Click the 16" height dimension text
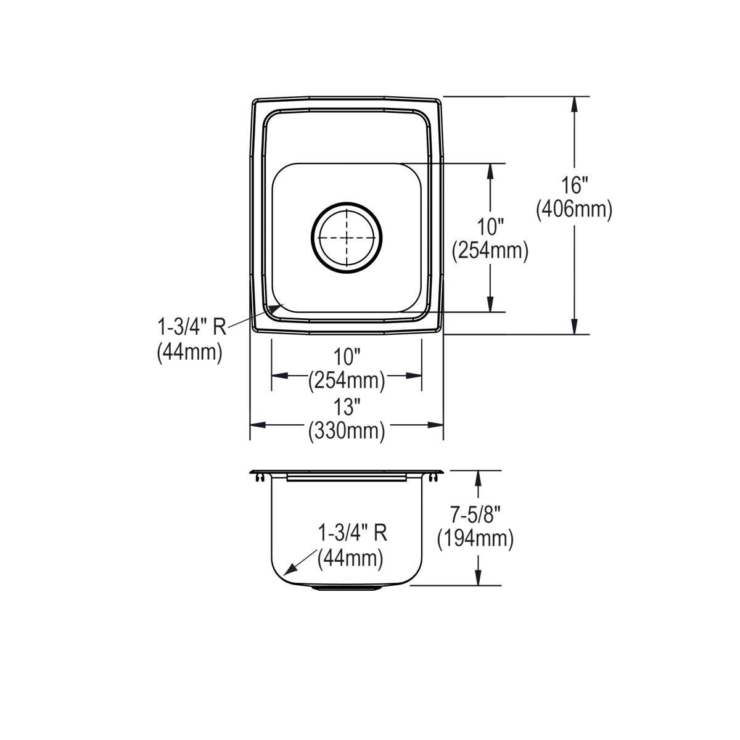click(x=575, y=185)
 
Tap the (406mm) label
click(x=574, y=210)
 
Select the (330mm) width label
click(x=347, y=431)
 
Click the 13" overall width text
click(x=347, y=406)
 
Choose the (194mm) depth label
click(x=475, y=539)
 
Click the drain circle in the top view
click(x=347, y=237)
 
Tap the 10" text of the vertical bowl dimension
click(x=490, y=226)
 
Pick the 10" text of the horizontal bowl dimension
click(x=347, y=356)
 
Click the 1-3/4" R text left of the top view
click(x=191, y=327)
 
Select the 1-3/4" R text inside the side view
click(x=352, y=532)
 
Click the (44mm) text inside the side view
click(x=350, y=559)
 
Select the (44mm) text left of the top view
click(x=189, y=352)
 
